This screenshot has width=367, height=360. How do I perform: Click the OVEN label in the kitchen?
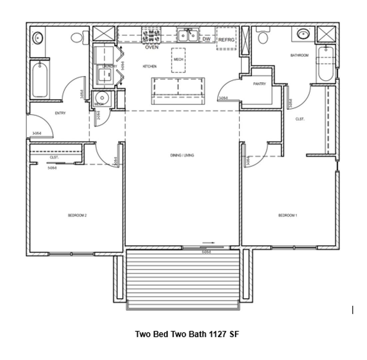click(x=152, y=47)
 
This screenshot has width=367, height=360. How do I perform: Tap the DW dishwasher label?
click(x=206, y=39)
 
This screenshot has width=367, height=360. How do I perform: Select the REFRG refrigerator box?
click(x=226, y=39)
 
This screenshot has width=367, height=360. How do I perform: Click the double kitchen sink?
click(x=188, y=35)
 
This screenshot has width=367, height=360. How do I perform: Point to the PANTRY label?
click(x=259, y=84)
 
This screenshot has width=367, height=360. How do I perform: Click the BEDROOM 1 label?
click(x=288, y=216)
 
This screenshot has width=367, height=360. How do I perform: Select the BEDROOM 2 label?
click(x=77, y=216)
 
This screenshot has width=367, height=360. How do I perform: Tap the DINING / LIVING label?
click(x=182, y=155)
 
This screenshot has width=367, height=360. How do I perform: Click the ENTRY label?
click(x=60, y=113)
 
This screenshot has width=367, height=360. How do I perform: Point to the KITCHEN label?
click(x=150, y=67)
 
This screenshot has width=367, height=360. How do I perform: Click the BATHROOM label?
click(x=299, y=55)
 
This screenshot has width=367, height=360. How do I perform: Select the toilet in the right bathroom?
click(x=263, y=37)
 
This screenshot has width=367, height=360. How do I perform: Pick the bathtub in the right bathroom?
click(x=325, y=64)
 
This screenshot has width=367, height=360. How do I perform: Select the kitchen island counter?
click(x=178, y=91)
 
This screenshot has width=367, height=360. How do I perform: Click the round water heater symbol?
click(x=102, y=98)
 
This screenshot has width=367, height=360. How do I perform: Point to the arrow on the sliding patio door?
click(x=208, y=243)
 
